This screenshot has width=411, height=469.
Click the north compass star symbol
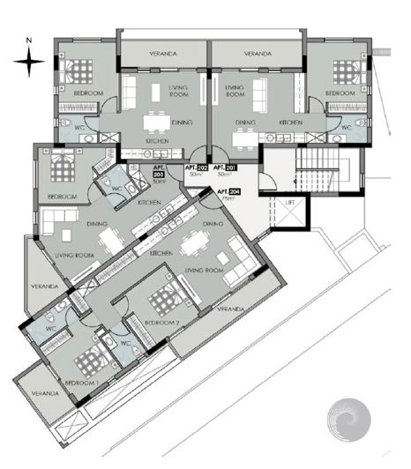[x=29, y=61]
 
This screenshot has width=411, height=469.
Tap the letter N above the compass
[x=29, y=41]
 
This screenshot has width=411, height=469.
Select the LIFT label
[x=288, y=202]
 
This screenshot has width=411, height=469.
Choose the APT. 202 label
[x=196, y=167]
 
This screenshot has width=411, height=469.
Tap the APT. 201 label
[x=225, y=167]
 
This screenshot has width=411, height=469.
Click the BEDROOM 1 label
[x=82, y=383]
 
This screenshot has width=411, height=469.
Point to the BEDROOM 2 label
[x=162, y=324]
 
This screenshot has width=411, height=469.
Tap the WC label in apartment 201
[x=346, y=128]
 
